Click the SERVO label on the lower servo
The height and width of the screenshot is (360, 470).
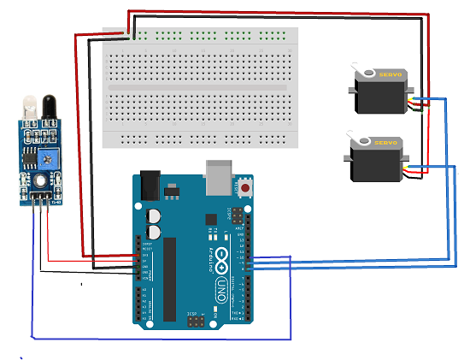tap(385, 143)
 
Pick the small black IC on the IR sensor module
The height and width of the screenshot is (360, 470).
tap(28, 157)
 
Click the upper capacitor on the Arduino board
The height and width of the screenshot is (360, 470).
tap(154, 215)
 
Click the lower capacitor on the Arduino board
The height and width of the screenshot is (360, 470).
tap(154, 231)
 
